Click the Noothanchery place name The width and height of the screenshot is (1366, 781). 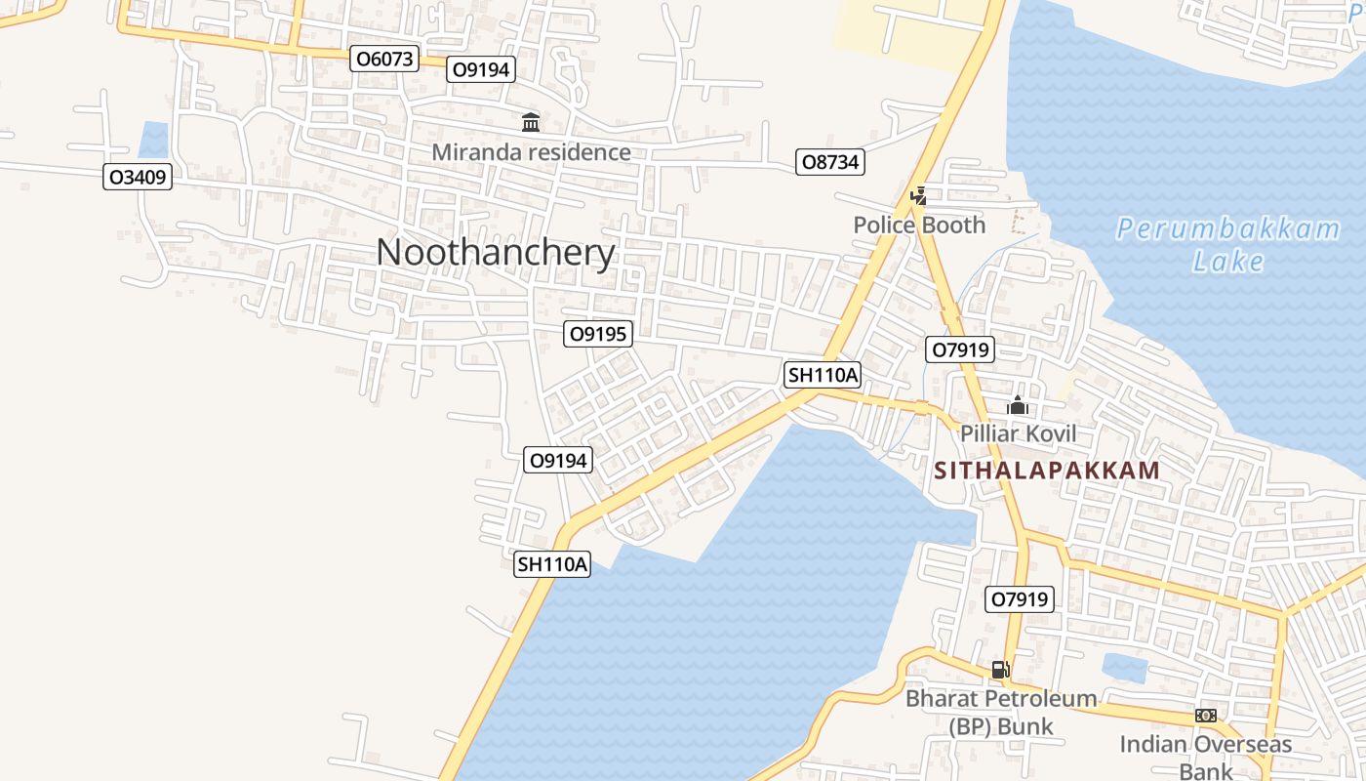coord(496,253)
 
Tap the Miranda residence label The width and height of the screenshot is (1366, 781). coord(531,152)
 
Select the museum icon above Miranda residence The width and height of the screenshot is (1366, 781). coord(531,123)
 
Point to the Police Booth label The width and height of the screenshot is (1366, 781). coord(919,226)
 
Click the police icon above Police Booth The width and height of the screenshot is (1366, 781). coord(918,196)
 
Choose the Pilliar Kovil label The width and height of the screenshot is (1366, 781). coord(1018,433)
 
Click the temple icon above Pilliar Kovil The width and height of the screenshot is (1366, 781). coord(1018,405)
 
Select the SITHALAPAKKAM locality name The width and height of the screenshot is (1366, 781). coord(1047,471)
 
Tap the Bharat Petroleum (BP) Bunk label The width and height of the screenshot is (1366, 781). coord(1001,712)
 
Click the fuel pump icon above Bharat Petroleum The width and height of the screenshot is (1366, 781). coord(1000,670)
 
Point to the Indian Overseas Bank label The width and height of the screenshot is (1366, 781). coord(1205,757)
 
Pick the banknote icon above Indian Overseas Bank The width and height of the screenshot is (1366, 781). coord(1206,716)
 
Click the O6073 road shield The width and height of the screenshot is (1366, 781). coord(384,59)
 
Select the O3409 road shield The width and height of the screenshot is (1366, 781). coord(138,178)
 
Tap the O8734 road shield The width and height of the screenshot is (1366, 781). coord(830,162)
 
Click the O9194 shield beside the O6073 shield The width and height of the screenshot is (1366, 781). coord(481,69)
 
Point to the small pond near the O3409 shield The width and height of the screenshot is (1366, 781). coord(153,140)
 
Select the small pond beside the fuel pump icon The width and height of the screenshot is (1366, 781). coord(1124,668)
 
